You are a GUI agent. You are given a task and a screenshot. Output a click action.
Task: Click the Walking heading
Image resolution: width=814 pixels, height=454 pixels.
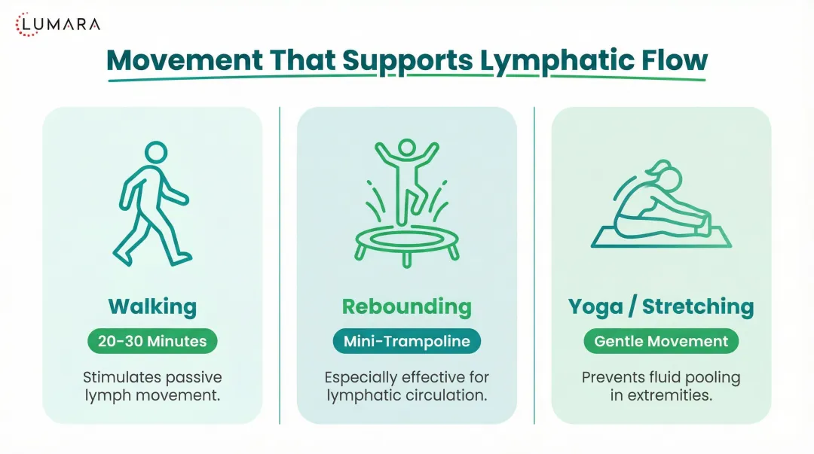tap(152, 306)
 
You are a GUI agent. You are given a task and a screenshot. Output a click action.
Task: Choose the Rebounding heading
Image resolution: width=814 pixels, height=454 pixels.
tap(406, 306)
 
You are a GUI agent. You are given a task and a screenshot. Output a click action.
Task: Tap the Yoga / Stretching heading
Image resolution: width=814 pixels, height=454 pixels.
tap(660, 306)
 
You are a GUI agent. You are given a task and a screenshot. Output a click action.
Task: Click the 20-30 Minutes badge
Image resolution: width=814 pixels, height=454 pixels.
tap(152, 341)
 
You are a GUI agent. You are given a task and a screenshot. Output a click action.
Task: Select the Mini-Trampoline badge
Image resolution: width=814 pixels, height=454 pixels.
tap(406, 341)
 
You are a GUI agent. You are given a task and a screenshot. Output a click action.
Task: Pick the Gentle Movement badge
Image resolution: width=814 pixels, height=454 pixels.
tap(661, 341)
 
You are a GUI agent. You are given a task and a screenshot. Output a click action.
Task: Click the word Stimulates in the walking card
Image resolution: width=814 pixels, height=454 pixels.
tap(118, 377)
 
